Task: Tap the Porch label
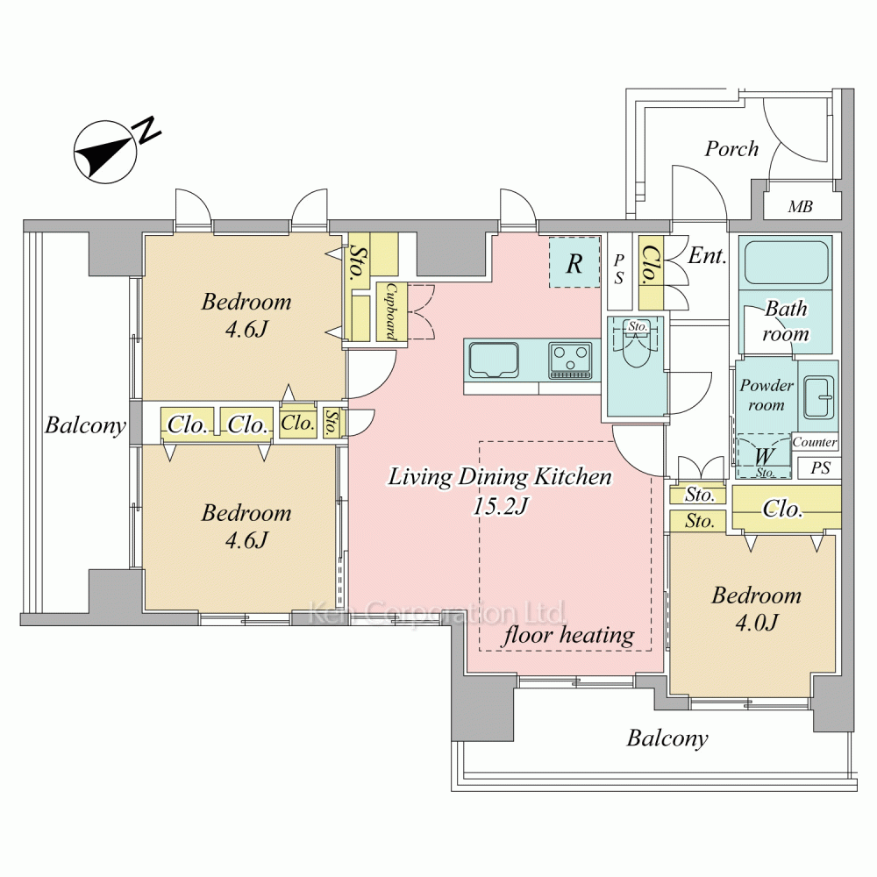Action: pos(731,149)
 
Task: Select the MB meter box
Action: pos(799,208)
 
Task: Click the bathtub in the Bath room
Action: pos(786,263)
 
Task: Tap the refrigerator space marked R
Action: pos(574,263)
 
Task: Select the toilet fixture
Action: pos(636,361)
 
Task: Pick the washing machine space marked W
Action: pos(762,456)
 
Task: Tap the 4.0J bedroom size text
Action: pos(756,622)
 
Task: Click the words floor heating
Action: pos(567,635)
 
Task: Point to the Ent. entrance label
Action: pos(707,257)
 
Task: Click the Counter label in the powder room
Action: pos(815,443)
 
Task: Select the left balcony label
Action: pos(85,427)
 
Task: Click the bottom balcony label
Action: pos(667,738)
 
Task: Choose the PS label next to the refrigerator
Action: pos(619,269)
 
